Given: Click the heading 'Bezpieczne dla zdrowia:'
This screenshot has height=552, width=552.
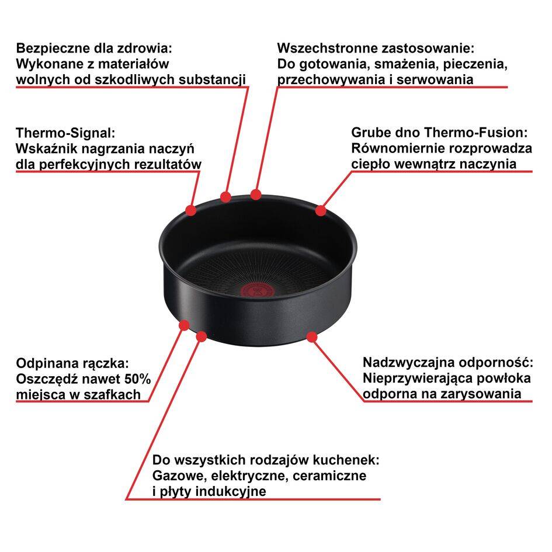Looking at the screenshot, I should [95, 48].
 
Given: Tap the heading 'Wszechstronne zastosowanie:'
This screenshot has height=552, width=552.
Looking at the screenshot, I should [376, 48].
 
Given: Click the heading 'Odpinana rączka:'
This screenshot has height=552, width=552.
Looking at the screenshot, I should [72, 363].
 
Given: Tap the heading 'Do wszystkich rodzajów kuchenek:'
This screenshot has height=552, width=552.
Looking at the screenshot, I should [266, 460].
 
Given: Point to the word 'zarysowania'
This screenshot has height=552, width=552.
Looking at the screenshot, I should [483, 394].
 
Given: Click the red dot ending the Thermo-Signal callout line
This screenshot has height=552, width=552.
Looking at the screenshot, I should [191, 210].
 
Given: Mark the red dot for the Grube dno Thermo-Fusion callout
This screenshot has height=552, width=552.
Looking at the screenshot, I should [321, 210].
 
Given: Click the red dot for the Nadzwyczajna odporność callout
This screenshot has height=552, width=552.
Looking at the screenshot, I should [311, 336].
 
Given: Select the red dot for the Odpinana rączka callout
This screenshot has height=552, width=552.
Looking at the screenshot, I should [185, 324].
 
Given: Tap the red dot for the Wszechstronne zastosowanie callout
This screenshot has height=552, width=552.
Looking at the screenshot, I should [256, 194].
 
